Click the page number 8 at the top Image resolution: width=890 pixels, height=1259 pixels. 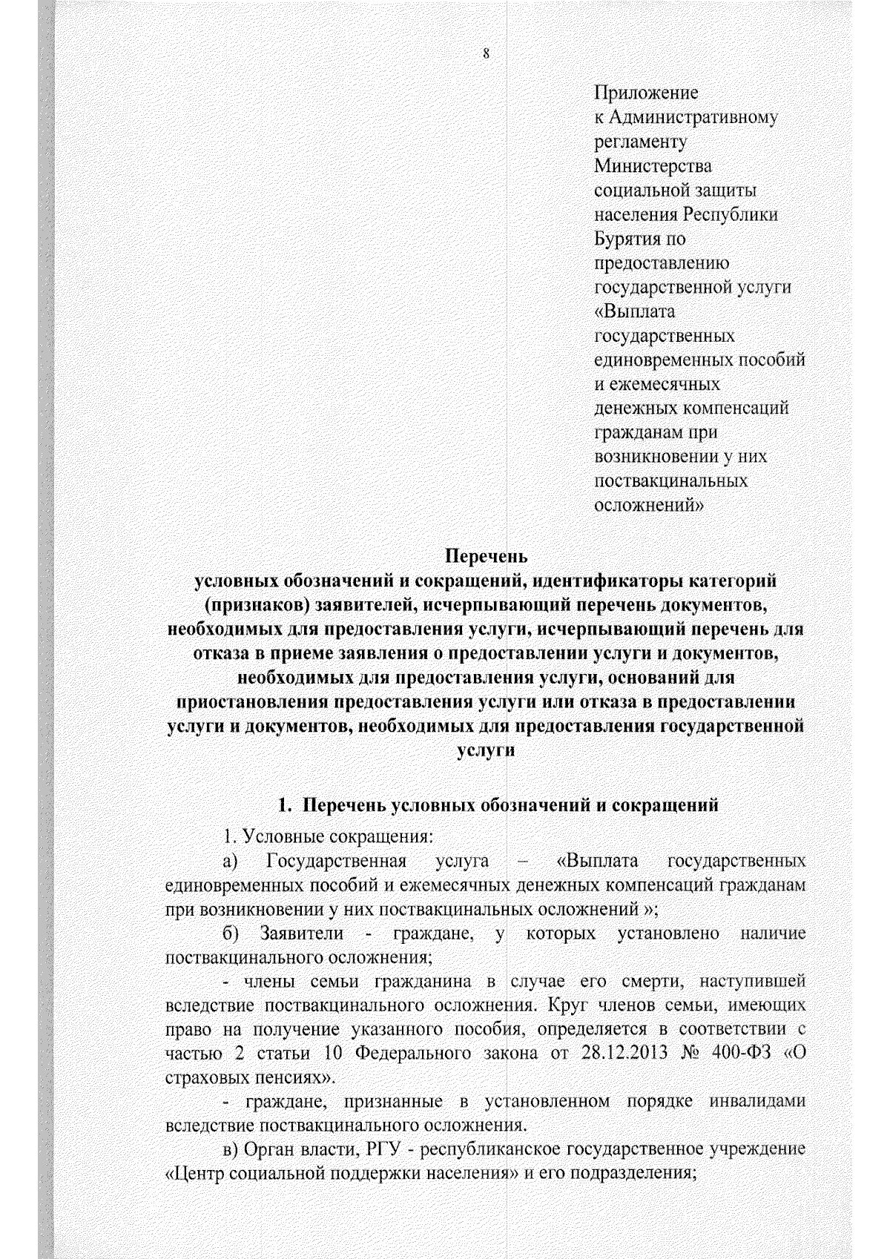485,53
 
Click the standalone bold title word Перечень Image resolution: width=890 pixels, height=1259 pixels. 485,555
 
